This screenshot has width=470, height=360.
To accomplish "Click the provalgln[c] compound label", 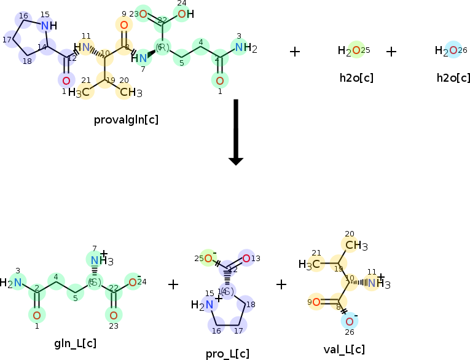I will (126, 119).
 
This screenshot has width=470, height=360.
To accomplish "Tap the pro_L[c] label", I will (227, 353).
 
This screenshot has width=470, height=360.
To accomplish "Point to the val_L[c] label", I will (344, 350).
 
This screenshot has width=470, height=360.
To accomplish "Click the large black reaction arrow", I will (236, 132).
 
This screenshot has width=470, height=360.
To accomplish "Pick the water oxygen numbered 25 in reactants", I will (356, 50).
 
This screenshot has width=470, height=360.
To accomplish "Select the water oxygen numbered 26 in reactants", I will (453, 50).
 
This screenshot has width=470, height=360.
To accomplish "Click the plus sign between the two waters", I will (391, 51).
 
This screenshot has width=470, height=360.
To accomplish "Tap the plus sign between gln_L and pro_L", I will (173, 284).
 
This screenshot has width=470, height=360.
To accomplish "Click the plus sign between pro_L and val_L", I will (281, 284).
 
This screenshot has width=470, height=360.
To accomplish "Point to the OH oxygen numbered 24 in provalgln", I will (182, 14).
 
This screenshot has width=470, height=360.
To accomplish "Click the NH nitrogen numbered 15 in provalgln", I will (44, 25).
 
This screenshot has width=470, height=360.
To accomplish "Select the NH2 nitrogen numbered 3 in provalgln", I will (239, 47).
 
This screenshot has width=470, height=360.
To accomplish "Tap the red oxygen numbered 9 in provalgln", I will (123, 25).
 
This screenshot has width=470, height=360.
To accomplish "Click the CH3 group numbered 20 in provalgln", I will (131, 93).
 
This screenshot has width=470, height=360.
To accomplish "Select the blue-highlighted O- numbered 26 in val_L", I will (349, 321).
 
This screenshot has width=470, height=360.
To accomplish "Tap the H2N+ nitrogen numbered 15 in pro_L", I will (210, 304).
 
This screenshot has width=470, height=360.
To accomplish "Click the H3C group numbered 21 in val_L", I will (312, 265).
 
